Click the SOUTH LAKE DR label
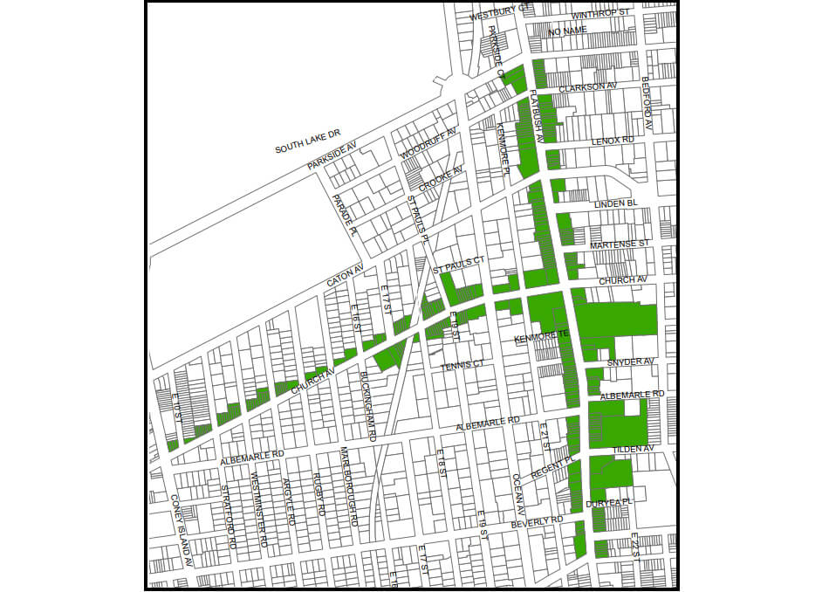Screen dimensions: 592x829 308,145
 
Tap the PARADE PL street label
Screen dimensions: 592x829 344,216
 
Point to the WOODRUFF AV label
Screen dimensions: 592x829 428,144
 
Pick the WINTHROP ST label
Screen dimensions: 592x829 599,14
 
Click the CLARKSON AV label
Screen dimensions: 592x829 587,86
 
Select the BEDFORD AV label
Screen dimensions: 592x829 647,104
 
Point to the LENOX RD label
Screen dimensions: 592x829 612,140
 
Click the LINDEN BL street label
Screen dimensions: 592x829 616,203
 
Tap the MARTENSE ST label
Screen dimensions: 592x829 620,244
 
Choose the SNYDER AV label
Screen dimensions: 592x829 630,361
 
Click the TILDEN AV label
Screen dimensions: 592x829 634,448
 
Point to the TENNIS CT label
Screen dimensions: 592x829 462,365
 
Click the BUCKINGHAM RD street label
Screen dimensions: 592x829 367,406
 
